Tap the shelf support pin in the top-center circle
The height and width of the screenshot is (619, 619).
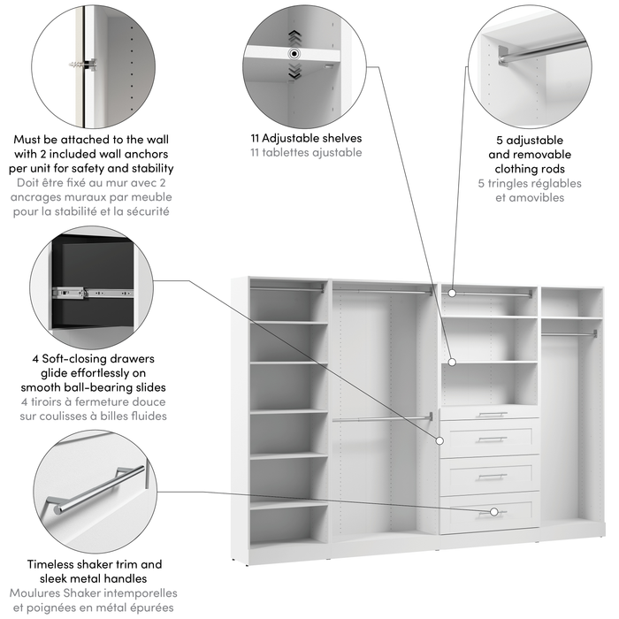pos(293,54)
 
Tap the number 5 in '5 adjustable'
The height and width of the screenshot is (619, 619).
pos(500,140)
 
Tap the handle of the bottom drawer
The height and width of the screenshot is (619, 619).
pos(491,512)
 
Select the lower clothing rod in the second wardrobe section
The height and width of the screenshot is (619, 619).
pos(382,418)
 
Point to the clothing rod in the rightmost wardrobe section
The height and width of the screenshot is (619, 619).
pos(569,333)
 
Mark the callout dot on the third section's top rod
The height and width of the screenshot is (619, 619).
pos(452,292)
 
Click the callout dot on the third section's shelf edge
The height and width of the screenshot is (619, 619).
pos(452,361)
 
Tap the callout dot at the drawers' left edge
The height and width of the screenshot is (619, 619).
pos(439,439)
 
